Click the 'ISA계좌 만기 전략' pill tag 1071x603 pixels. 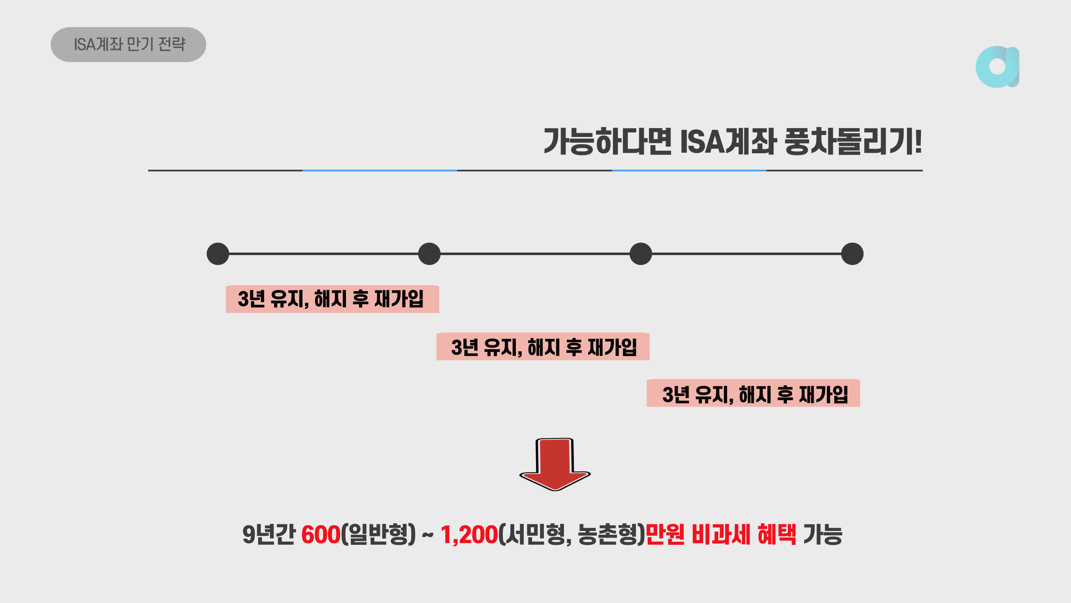(x=128, y=45)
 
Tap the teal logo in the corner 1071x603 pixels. (x=997, y=67)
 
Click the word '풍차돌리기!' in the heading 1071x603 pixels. (x=853, y=142)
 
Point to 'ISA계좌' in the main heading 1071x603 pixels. (x=728, y=142)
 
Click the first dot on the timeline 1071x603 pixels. (x=218, y=254)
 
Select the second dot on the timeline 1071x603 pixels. (x=429, y=254)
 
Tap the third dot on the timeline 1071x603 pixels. (x=641, y=254)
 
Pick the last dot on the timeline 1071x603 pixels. (x=852, y=254)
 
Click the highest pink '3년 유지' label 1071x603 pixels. (x=332, y=299)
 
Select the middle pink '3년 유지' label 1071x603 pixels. (x=543, y=347)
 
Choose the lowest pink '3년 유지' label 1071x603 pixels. (x=753, y=394)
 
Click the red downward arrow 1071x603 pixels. (x=555, y=465)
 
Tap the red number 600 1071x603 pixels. (x=321, y=535)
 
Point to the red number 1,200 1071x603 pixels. (x=469, y=535)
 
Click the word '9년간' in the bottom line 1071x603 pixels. (x=269, y=535)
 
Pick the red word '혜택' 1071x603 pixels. (x=777, y=535)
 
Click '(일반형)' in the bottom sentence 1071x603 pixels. (x=379, y=535)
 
